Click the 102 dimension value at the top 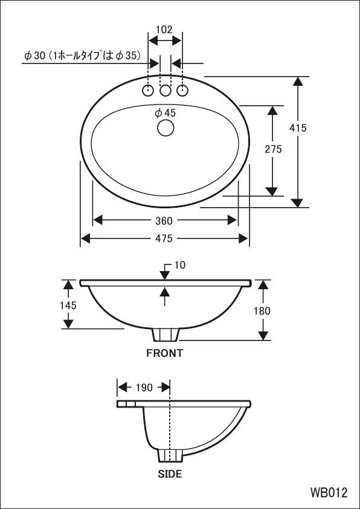click(x=164, y=30)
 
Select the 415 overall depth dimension click(x=298, y=128)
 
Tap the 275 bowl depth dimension click(x=273, y=149)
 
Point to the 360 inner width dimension click(x=164, y=221)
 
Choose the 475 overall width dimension click(x=164, y=238)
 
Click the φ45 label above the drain click(x=166, y=113)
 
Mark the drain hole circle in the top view click(x=166, y=127)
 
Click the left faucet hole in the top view click(x=148, y=91)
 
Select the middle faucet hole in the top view click(x=166, y=91)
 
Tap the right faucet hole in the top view click(x=182, y=91)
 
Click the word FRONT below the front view click(x=164, y=353)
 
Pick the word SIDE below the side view click(x=170, y=474)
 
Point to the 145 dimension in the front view click(x=68, y=305)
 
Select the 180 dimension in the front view click(x=262, y=311)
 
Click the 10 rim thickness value click(x=180, y=265)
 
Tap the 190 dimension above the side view click(x=144, y=388)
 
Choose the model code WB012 click(x=329, y=493)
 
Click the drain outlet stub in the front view click(x=166, y=335)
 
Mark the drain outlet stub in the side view click(x=170, y=455)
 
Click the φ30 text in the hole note click(x=34, y=56)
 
